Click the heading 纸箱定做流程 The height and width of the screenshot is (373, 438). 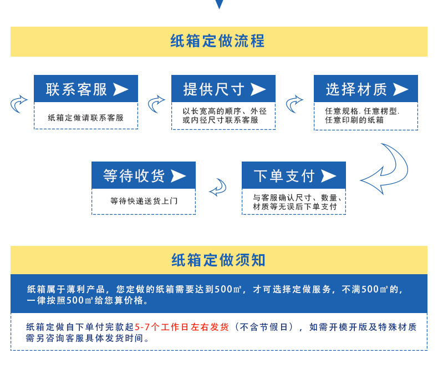[x=218, y=41]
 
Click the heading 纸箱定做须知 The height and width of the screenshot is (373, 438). [x=218, y=260]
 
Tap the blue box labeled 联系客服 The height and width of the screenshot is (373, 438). [x=86, y=89]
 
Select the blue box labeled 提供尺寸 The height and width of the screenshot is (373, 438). [x=223, y=89]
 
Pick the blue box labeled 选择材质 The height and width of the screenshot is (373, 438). [x=366, y=89]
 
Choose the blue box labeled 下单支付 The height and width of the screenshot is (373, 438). [x=294, y=175]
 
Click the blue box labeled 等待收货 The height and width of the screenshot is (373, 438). [x=143, y=175]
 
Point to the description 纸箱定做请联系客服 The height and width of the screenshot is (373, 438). [x=86, y=118]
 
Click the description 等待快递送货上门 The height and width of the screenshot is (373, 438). [x=144, y=201]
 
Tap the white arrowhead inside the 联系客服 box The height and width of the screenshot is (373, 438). [x=120, y=89]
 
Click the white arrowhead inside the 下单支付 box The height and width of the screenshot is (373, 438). [x=329, y=175]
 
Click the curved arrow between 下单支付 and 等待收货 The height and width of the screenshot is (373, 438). [x=218, y=188]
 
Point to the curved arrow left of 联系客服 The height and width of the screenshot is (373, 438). [x=19, y=103]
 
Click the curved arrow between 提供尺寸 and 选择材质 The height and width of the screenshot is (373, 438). [x=294, y=103]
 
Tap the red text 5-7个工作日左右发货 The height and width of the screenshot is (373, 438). [x=182, y=327]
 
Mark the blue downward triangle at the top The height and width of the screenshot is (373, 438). [x=219, y=4]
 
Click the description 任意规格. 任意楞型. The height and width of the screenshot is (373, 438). [x=362, y=111]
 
